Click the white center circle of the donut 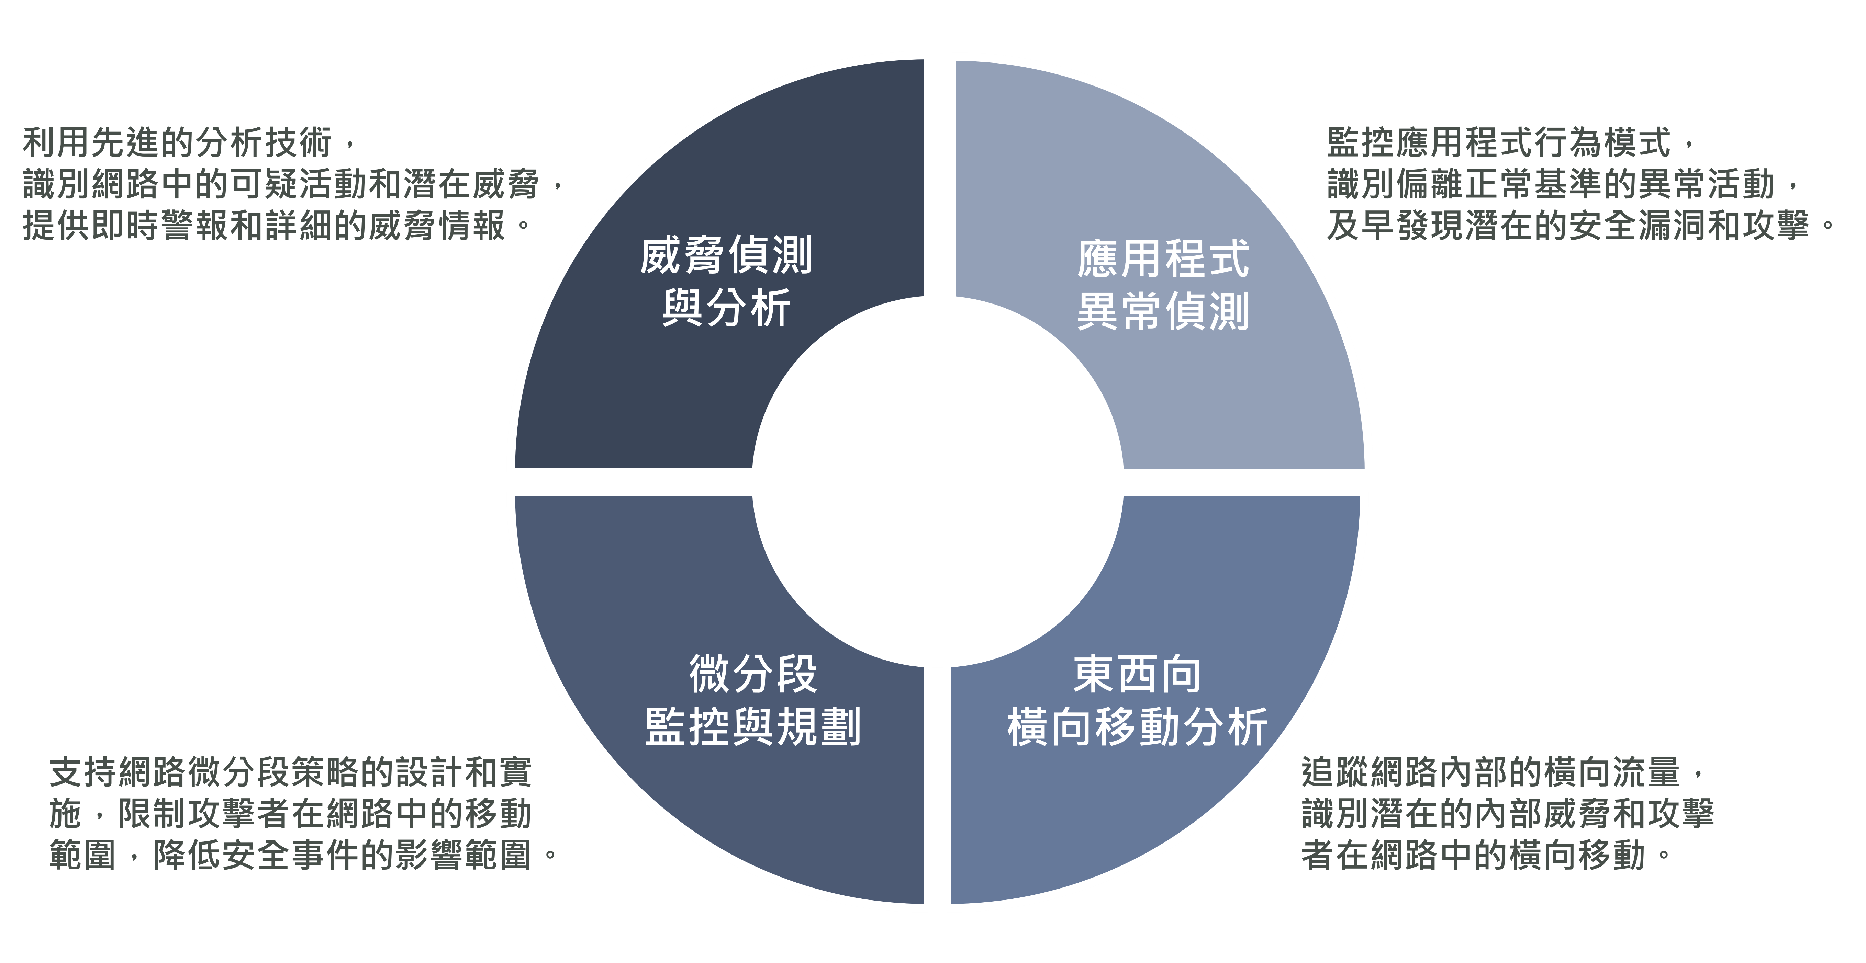pos(937,481)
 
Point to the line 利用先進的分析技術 pos(178,142)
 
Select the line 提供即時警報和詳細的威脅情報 pos(265,225)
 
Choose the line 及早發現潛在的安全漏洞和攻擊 pos(1568,225)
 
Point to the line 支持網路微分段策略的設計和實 pos(290,772)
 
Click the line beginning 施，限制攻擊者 pos(290,814)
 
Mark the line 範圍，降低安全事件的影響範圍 pos(290,855)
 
